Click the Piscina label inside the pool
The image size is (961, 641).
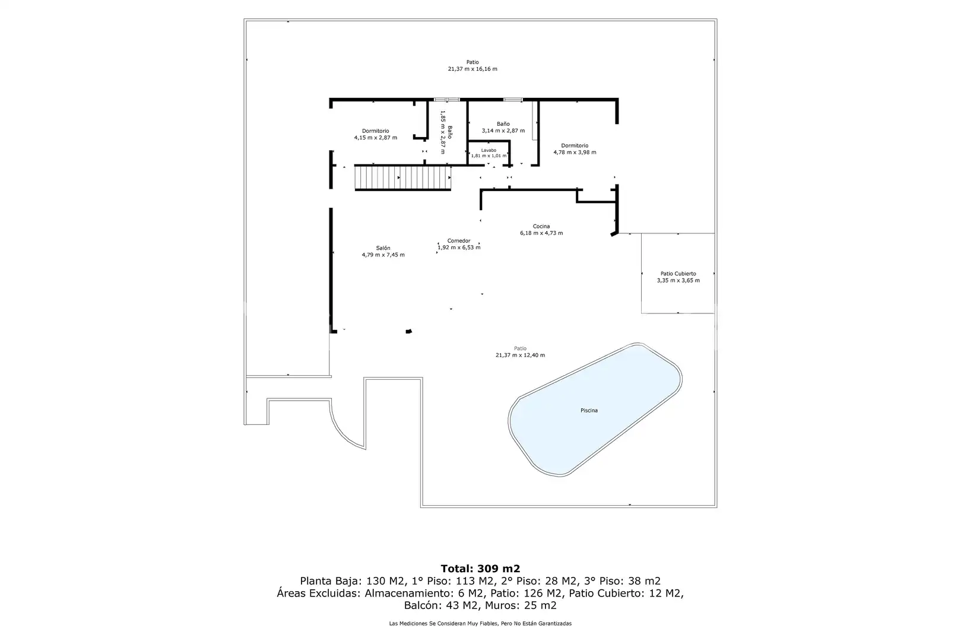tap(589, 411)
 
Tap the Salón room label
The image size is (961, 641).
tap(383, 248)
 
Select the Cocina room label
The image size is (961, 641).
tap(541, 226)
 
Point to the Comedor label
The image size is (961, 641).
tap(459, 241)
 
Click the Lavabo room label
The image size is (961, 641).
tap(489, 150)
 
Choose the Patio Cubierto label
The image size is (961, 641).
tap(678, 274)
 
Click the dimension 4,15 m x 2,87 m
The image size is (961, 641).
tap(375, 138)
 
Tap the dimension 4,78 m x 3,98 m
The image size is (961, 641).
tap(575, 153)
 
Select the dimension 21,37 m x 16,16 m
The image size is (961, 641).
tap(472, 69)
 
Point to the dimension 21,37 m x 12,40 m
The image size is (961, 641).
tap(520, 356)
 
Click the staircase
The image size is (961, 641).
tap(403, 178)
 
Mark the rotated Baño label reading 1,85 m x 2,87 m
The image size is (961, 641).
tap(446, 132)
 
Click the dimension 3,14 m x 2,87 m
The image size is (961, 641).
tap(503, 131)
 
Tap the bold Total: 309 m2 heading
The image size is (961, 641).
tap(481, 569)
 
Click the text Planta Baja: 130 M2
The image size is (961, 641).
tap(352, 581)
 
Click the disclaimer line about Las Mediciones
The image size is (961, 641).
tap(480, 624)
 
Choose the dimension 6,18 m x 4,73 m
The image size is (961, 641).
tap(541, 233)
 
